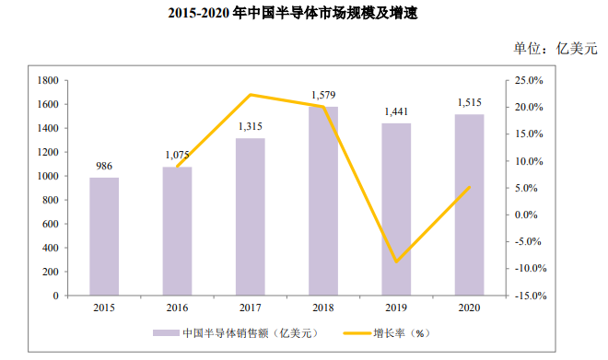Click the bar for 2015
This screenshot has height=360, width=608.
[104, 237]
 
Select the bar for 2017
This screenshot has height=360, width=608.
[250, 217]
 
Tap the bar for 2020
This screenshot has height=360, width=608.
[469, 205]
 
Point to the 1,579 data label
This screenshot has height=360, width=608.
[323, 95]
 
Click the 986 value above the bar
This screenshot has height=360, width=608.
[104, 167]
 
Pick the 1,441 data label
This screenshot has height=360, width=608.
[396, 112]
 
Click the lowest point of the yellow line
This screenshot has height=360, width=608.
[396, 262]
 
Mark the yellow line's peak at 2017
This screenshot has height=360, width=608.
[251, 95]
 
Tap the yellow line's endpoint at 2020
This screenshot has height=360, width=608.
[470, 187]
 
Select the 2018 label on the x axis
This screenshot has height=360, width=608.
[323, 308]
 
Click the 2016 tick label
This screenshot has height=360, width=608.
[177, 308]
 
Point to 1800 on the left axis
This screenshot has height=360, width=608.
[48, 81]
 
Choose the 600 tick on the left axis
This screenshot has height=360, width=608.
[51, 224]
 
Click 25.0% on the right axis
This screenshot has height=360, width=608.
[529, 81]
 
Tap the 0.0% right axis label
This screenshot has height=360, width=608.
[526, 215]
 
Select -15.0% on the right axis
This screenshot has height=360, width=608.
[531, 296]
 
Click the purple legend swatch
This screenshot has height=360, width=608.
[166, 333]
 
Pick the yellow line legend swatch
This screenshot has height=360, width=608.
[357, 333]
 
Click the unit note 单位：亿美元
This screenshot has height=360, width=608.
[555, 49]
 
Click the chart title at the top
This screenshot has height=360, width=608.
[293, 13]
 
